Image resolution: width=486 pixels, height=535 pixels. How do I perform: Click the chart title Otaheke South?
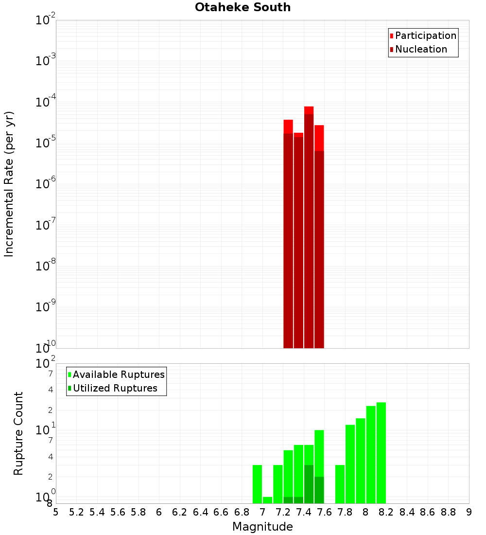point(243,7)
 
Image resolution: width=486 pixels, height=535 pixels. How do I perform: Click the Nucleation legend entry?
point(421,49)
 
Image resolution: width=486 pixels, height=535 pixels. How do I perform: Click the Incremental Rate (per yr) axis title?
point(9,184)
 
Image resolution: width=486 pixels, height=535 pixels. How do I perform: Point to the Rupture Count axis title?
point(18,433)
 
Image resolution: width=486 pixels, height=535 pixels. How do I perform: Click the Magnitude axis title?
point(262,527)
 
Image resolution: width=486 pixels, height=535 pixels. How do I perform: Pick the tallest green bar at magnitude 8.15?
point(381,453)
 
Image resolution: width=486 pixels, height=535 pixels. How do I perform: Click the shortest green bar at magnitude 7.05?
point(267,500)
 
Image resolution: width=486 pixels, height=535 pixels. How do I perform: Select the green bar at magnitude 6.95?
point(257,484)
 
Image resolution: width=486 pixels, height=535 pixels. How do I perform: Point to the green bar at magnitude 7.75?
point(340,484)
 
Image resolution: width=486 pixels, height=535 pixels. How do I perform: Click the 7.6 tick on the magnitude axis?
point(324,512)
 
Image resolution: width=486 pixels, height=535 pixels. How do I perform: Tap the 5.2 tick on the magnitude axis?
point(76,512)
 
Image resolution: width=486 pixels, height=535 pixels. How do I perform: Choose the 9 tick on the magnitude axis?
point(469,512)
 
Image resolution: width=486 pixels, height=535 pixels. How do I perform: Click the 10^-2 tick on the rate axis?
point(46,20)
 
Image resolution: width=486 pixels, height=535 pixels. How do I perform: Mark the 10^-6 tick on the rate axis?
point(46,184)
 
